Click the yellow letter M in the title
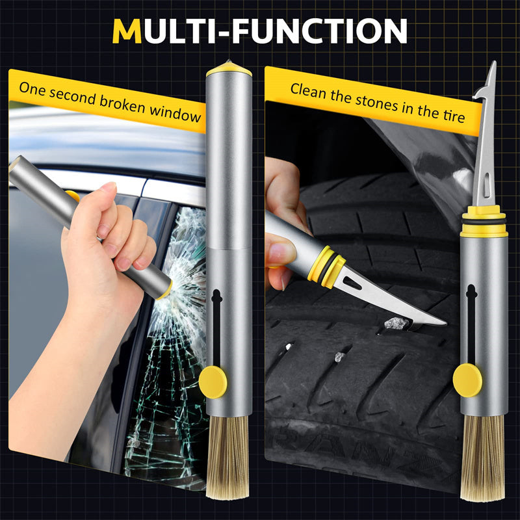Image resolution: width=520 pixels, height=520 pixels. (127, 31)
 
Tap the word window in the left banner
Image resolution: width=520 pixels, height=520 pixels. (175, 111)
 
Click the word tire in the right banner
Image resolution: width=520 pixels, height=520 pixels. (452, 116)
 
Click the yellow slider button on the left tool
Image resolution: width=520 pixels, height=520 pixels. (213, 382)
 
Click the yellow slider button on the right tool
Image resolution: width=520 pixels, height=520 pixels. (467, 380)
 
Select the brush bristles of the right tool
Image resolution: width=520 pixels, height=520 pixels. (484, 455)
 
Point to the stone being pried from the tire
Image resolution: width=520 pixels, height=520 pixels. (395, 323)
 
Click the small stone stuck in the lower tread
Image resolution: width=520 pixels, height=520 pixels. (338, 357)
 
